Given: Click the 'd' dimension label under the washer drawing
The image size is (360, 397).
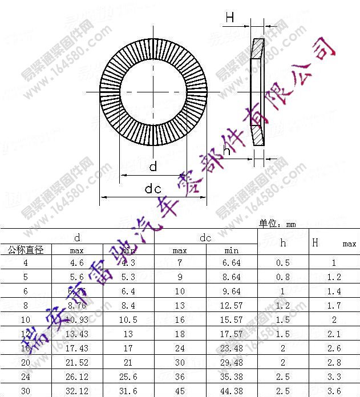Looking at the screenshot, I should [153, 167].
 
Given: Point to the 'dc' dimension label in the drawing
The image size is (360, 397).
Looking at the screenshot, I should [153, 189].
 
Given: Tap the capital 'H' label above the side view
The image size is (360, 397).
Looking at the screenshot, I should [229, 18].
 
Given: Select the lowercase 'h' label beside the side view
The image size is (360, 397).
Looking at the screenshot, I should [227, 151].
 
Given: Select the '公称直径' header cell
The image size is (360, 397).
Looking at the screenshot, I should [26, 250].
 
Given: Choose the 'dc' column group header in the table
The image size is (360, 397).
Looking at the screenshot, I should [205, 238].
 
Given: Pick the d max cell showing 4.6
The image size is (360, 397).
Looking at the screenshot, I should [77, 263].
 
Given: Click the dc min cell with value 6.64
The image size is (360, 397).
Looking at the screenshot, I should [232, 263].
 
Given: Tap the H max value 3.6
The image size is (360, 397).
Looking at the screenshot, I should [334, 391].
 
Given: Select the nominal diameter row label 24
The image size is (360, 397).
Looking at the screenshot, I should [26, 377].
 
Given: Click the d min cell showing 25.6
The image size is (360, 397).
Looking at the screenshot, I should [128, 377].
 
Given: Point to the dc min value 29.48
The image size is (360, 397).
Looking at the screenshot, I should [232, 363].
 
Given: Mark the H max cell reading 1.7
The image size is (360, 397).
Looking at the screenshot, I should [334, 306].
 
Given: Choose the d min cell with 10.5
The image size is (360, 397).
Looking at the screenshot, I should [128, 320].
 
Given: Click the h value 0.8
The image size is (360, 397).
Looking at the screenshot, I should [283, 277].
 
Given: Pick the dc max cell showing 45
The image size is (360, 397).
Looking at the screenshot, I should [180, 391].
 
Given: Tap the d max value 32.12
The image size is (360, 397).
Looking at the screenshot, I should [77, 391].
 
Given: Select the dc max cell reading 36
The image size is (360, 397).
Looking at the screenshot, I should [180, 377].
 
